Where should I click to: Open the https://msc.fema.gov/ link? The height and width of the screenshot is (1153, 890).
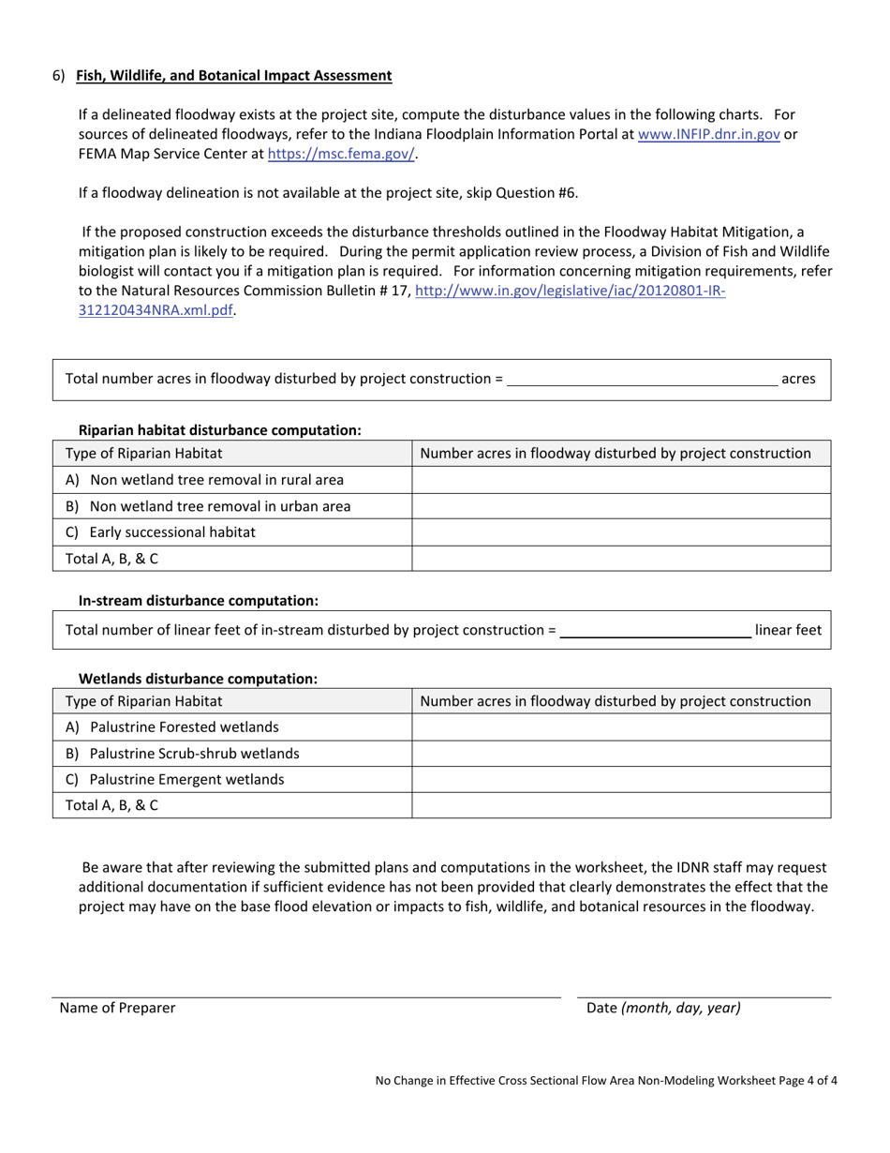pyautogui.click(x=341, y=154)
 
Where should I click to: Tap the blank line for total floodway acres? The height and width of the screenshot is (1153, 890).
pyautogui.click(x=642, y=380)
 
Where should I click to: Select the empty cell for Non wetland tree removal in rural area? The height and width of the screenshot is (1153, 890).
pyautogui.click(x=621, y=480)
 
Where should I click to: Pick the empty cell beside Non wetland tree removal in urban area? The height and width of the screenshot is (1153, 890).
pyautogui.click(x=621, y=506)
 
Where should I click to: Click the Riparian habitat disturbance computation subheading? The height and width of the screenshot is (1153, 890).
pyautogui.click(x=219, y=430)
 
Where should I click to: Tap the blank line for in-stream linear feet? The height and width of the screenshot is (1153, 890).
pyautogui.click(x=655, y=631)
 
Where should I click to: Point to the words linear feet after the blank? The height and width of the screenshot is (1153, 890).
pyautogui.click(x=787, y=631)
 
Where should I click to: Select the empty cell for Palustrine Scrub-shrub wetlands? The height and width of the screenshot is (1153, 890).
pyautogui.click(x=621, y=754)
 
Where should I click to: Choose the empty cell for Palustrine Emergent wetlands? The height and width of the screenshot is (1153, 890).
pyautogui.click(x=621, y=780)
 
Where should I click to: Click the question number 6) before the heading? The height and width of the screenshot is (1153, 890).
pyautogui.click(x=58, y=76)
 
